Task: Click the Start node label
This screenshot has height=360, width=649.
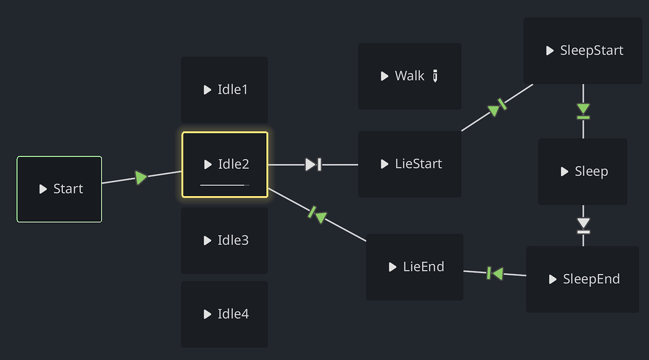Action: [x=68, y=189]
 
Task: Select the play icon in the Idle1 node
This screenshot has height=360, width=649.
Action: [x=207, y=90]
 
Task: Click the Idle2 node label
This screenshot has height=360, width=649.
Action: [x=233, y=165]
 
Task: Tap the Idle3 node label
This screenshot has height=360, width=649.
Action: [x=233, y=241]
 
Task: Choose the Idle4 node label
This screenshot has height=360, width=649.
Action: [x=233, y=314]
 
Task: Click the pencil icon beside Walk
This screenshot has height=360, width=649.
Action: [x=435, y=76]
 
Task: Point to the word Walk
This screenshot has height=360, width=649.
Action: [x=410, y=76]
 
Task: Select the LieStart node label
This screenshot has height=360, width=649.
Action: [x=418, y=164]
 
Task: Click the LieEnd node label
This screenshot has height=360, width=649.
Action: [x=423, y=267]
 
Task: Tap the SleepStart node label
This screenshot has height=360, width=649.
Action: [x=591, y=51]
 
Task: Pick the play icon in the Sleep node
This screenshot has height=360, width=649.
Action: [x=564, y=172]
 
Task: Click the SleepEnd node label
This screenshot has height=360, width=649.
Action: [x=591, y=280]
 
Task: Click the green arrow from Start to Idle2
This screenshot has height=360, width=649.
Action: [x=141, y=178]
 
